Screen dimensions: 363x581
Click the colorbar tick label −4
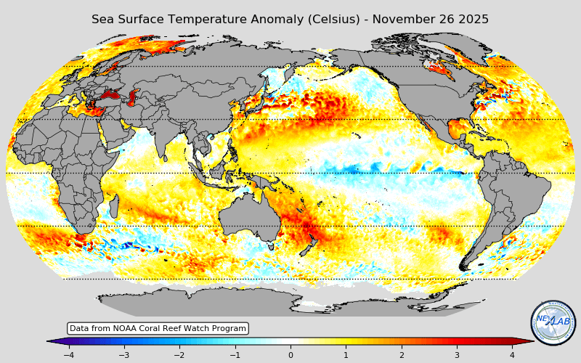pyautogui.click(x=68, y=355)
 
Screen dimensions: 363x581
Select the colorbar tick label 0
pyautogui.click(x=290, y=355)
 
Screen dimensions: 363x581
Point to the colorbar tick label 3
pyautogui.click(x=457, y=355)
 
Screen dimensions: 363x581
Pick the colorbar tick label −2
pyautogui.click(x=179, y=355)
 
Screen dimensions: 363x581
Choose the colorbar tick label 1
pyautogui.click(x=346, y=355)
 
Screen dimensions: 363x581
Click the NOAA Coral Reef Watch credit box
pyautogui.click(x=158, y=328)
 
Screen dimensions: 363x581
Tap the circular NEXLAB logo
pyautogui.click(x=553, y=322)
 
